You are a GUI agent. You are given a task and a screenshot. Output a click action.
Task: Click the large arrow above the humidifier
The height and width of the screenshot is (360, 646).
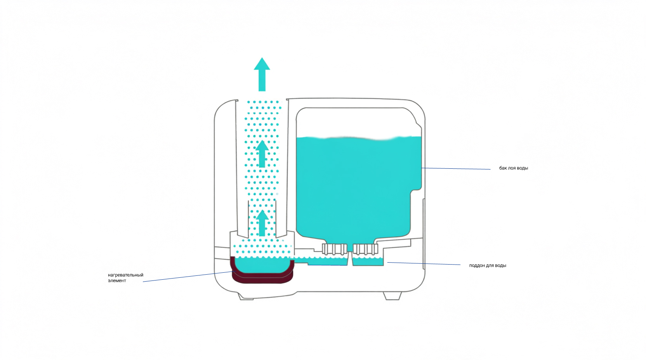[x=262, y=74]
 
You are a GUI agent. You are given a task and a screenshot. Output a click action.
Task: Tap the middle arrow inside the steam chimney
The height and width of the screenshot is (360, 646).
[x=262, y=154]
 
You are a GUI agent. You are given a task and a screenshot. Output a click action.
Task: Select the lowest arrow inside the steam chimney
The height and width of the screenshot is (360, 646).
[x=262, y=223]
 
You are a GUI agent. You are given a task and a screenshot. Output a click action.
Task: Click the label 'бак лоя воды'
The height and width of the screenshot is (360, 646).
[x=513, y=168]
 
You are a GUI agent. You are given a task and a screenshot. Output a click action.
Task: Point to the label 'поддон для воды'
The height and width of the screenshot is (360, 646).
[x=487, y=265]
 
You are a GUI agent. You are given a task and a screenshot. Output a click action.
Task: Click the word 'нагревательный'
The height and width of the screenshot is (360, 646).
[x=125, y=275]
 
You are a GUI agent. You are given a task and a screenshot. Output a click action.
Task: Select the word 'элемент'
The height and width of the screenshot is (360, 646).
[x=117, y=280]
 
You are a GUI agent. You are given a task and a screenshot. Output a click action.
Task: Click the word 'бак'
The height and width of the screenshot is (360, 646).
[x=503, y=168]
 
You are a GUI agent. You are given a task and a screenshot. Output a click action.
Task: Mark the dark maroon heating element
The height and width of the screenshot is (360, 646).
[x=263, y=278]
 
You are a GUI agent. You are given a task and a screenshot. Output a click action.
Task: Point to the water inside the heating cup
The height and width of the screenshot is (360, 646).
[x=262, y=265]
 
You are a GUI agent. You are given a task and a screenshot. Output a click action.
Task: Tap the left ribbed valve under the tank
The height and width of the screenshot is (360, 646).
[x=334, y=249]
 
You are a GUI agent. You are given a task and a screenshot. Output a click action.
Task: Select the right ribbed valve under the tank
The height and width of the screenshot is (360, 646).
[x=365, y=249]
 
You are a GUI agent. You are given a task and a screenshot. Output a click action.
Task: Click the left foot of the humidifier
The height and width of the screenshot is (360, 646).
[x=245, y=297]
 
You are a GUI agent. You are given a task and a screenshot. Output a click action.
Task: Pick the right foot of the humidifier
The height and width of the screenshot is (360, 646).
[x=392, y=296]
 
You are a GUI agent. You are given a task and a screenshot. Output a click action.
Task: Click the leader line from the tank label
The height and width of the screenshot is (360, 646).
[x=456, y=168]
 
